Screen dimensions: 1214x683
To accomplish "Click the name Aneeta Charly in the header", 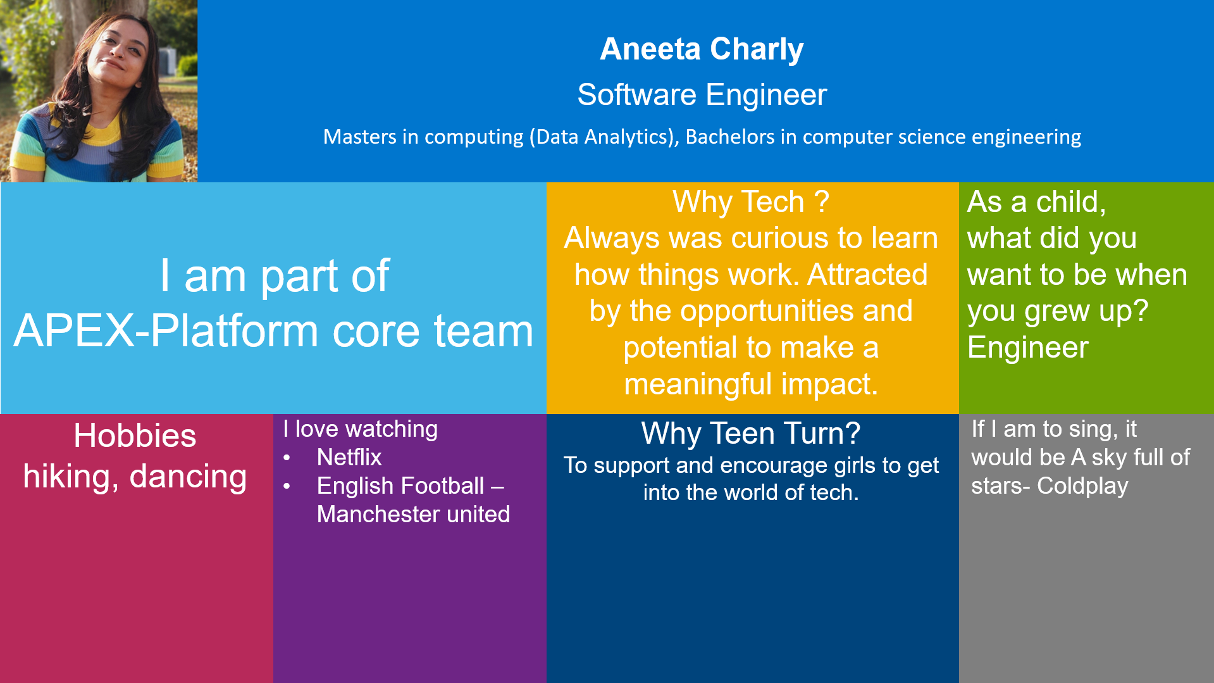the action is [702, 49].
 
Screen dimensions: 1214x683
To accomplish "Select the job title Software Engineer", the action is [702, 95].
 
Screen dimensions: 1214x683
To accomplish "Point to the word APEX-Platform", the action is [168, 331].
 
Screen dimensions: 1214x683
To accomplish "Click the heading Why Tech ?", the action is [750, 202].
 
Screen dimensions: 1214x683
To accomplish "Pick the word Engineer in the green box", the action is [1028, 348].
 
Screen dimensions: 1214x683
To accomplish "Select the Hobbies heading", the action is [135, 436].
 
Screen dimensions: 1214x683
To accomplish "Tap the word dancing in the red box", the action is [188, 477].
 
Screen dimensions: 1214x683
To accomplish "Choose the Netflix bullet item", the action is [349, 457].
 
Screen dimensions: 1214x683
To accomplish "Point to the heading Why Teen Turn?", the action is [750, 434].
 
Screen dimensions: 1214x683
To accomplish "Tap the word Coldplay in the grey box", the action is [1082, 486].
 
